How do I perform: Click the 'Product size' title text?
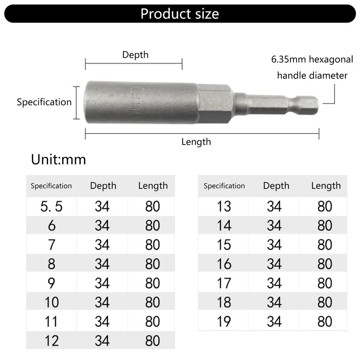(180, 14)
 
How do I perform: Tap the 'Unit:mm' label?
(58, 160)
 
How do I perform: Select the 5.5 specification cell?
(51, 206)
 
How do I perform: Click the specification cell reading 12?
(51, 341)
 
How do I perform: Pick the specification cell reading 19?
(224, 321)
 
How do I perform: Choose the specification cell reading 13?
(224, 206)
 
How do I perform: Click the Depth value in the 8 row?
(102, 264)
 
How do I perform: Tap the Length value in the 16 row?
(324, 264)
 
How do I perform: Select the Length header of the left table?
(153, 186)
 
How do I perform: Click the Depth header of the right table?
(276, 186)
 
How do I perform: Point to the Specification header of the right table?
(224, 186)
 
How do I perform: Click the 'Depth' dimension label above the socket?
(135, 55)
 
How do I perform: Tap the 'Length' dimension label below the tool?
(196, 142)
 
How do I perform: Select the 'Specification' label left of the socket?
(44, 102)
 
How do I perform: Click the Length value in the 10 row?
(152, 302)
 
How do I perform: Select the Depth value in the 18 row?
(274, 302)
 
